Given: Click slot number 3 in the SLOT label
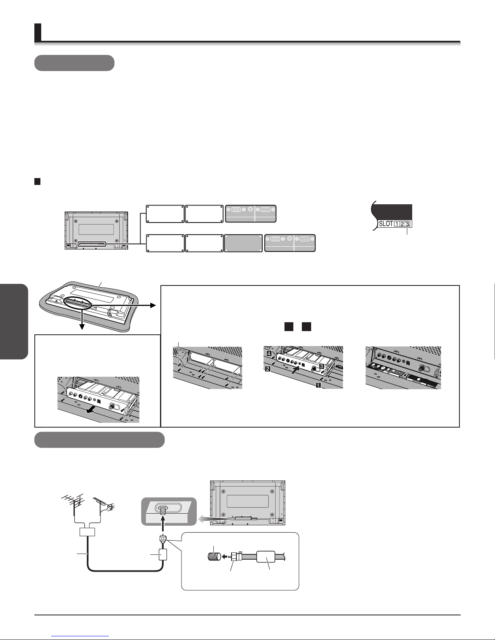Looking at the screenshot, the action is (x=407, y=224).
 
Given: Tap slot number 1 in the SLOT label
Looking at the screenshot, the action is (x=396, y=224).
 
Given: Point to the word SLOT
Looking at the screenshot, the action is (x=386, y=224).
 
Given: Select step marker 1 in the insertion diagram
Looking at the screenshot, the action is (x=318, y=385).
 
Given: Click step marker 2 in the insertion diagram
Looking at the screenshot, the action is (x=268, y=368).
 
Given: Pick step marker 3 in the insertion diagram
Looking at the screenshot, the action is (x=322, y=366).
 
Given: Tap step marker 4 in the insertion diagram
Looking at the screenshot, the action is (x=269, y=353).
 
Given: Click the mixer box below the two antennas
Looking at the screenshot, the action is (x=87, y=532).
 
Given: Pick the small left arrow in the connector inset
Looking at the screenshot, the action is (x=226, y=556).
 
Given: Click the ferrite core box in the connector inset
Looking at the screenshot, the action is (x=266, y=557).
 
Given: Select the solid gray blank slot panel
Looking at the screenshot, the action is (x=243, y=243).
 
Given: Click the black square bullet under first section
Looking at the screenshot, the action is (x=38, y=181).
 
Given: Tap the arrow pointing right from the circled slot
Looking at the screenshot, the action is (x=124, y=305).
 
